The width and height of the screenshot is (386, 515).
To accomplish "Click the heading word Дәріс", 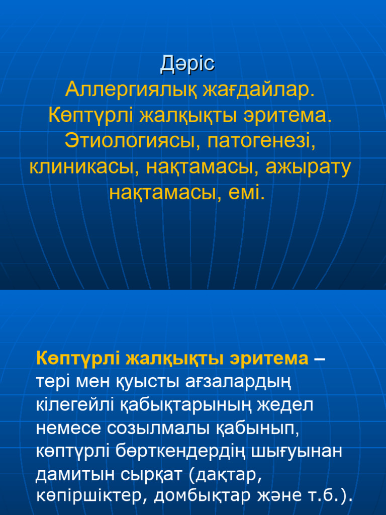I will pyautogui.click(x=187, y=64).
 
